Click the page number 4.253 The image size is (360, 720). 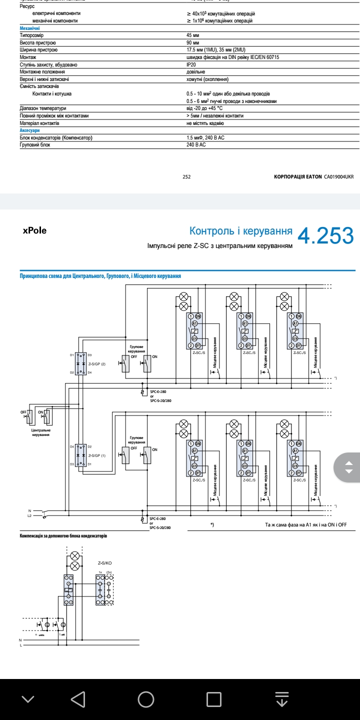(325, 236)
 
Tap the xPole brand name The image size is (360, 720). (34, 231)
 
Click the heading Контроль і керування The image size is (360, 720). (241, 231)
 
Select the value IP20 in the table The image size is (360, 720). (191, 64)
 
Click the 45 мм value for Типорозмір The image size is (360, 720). (192, 35)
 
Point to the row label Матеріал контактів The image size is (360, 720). (39, 123)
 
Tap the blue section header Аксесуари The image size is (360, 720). (29, 130)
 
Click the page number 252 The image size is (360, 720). (186, 176)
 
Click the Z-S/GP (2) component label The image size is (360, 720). (97, 363)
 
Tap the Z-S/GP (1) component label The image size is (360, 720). (97, 455)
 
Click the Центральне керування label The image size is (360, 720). (40, 432)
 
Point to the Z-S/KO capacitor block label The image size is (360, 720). (105, 563)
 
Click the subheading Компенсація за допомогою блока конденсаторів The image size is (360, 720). (63, 536)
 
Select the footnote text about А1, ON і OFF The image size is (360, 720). (305, 525)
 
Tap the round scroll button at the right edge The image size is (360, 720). (349, 468)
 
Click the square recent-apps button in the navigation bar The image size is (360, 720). (214, 699)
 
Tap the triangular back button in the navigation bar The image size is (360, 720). (78, 699)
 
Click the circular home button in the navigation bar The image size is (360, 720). (146, 699)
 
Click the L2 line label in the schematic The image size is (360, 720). (29, 515)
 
